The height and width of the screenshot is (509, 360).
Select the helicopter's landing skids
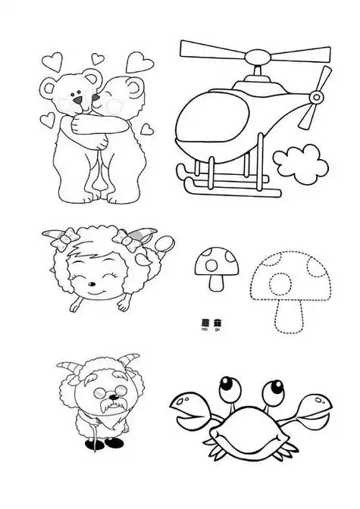pos(227,182)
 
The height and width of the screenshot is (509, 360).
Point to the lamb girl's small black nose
pos(92,288)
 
